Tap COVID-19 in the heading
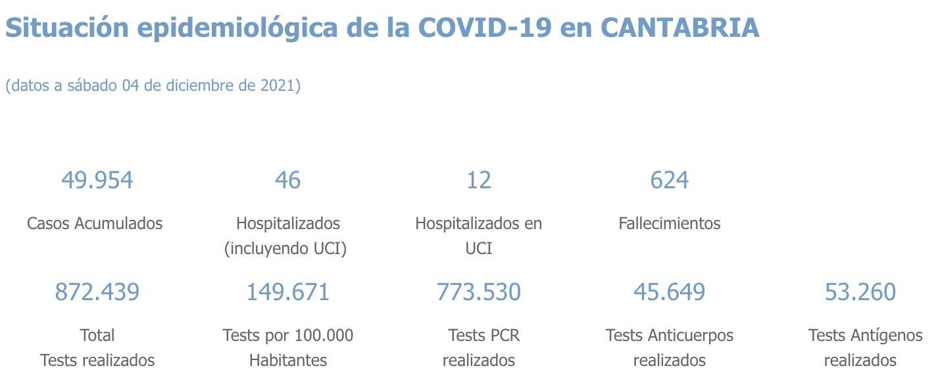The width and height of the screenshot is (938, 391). [485, 28]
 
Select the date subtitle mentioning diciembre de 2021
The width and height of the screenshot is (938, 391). [153, 86]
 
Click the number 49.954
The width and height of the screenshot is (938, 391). [97, 180]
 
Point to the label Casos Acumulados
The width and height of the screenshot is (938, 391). [95, 223]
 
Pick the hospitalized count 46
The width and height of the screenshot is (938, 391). [288, 180]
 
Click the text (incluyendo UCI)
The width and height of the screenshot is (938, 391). [285, 249]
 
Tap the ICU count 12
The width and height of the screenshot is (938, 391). [479, 180]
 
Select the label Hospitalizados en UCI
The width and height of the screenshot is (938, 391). [479, 235]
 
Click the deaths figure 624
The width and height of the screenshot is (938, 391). [670, 180]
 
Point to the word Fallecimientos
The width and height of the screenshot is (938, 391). [670, 223]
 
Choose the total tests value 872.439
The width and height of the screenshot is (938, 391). [97, 292]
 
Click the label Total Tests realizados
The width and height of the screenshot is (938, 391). [97, 348]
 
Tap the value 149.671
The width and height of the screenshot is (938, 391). [288, 292]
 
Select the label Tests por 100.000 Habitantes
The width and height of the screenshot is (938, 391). [288, 348]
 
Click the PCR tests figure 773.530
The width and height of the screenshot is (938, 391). [479, 292]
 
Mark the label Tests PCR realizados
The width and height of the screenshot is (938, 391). [479, 348]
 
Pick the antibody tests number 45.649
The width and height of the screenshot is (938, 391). [670, 292]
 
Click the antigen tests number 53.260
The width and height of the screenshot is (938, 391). [860, 292]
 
